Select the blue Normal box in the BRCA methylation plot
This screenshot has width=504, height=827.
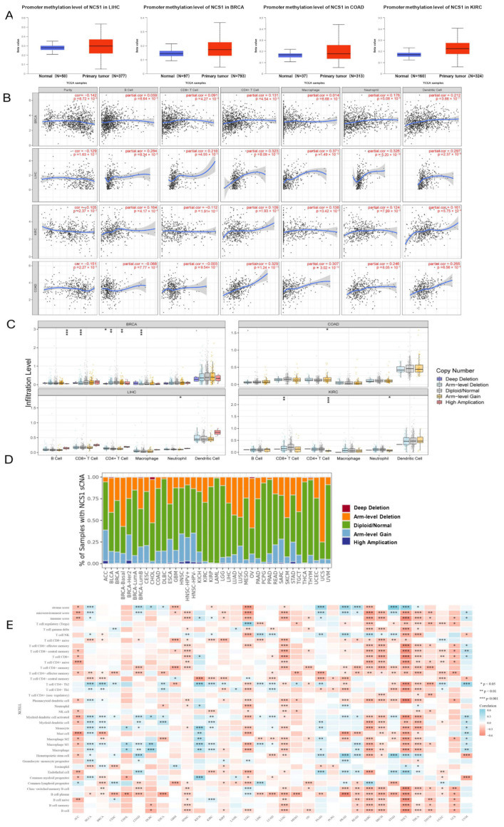[x=171, y=53]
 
